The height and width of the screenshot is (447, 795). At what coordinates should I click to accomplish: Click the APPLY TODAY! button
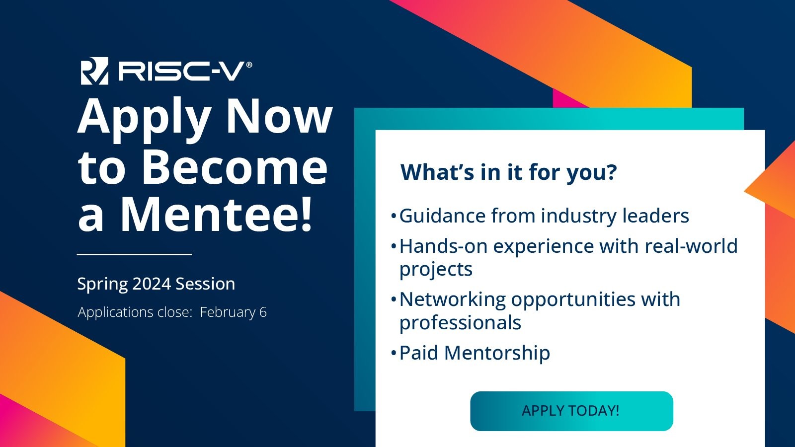tap(571, 411)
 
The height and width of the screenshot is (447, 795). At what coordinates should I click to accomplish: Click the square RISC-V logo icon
tap(94, 71)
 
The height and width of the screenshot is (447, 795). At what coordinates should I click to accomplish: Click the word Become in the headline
tap(235, 167)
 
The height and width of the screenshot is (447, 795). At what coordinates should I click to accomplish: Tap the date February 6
tap(233, 312)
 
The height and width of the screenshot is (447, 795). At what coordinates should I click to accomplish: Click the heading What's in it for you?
tap(509, 172)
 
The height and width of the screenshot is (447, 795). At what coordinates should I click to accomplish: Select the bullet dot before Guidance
tap(393, 216)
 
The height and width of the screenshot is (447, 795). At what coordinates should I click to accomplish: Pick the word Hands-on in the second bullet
tap(443, 246)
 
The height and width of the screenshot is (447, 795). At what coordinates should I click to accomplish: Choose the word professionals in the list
tap(460, 323)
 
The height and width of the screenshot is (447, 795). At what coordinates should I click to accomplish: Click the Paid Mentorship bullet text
tap(475, 353)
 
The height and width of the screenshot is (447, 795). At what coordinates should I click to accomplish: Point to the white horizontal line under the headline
tap(134, 254)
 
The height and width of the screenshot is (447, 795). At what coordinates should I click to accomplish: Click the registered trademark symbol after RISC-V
tap(249, 65)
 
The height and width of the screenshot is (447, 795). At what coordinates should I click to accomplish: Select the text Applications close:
tap(135, 312)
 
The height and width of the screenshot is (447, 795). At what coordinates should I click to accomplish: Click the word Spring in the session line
tap(102, 284)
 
